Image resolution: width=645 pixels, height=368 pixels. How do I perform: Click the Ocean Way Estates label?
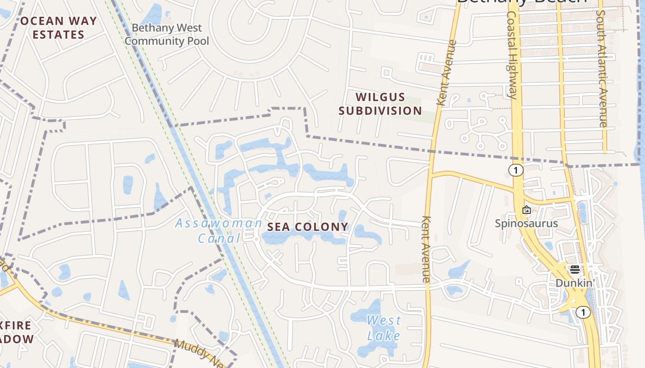click(x=59, y=28)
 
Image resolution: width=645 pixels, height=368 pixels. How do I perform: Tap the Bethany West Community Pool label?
click(x=167, y=34)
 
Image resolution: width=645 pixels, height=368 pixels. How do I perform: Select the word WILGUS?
click(x=380, y=97)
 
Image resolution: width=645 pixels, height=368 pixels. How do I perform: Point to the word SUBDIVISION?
click(x=380, y=110)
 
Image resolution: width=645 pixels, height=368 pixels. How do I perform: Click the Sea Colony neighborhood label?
click(x=308, y=227)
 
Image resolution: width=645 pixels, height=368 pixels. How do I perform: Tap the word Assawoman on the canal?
click(x=218, y=224)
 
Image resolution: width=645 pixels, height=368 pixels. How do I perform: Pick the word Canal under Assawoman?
click(x=219, y=238)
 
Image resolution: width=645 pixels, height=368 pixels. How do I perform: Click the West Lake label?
click(x=384, y=328)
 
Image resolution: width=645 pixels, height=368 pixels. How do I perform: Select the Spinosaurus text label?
click(x=526, y=224)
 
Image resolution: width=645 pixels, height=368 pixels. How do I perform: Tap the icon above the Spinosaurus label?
click(x=527, y=210)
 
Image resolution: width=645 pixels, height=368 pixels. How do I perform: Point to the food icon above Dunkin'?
click(x=575, y=270)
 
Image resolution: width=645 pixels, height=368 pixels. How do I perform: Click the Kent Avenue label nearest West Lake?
click(x=426, y=249)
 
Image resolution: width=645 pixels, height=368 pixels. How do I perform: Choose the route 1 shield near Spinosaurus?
click(x=516, y=170)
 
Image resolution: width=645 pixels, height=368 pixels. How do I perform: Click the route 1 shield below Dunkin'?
click(x=583, y=313)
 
